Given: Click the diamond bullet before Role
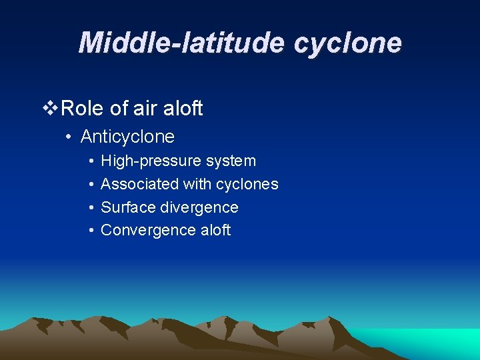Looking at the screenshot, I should pyautogui.click(x=50, y=108).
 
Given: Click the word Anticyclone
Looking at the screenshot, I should pyautogui.click(x=127, y=137).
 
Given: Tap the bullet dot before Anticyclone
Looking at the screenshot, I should pyautogui.click(x=69, y=137).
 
